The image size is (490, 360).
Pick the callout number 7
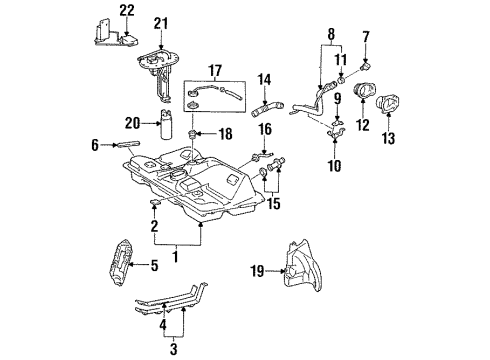pyautogui.click(x=366, y=37)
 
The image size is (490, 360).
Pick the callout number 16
pyautogui.click(x=265, y=129)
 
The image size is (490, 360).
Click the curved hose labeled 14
pyautogui.click(x=273, y=100)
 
